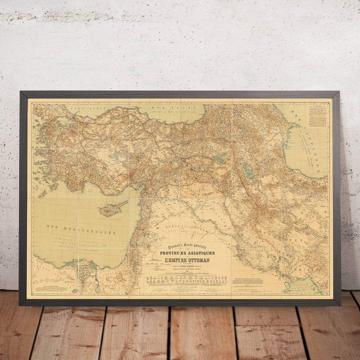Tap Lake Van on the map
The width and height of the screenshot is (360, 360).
pyautogui.click(x=220, y=158)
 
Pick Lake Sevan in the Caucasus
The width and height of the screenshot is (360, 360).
pyautogui.click(x=244, y=131)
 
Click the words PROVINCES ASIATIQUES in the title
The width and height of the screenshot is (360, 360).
pyautogui.click(x=187, y=253)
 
